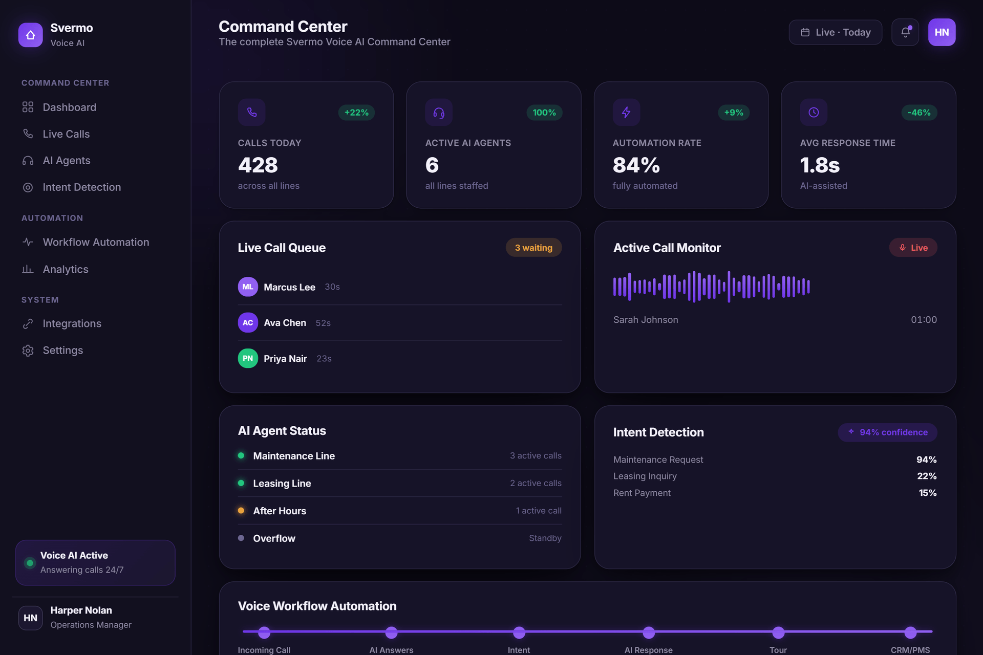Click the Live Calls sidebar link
56,134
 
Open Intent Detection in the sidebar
72,187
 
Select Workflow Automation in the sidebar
86,242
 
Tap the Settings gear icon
28,351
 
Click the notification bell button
905,32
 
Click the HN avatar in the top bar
942,32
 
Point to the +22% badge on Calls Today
356,113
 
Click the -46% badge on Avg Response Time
919,113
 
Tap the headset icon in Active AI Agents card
439,113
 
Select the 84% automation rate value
636,165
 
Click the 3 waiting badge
533,248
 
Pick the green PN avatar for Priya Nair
248,358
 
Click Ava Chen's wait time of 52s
323,323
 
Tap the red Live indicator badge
913,248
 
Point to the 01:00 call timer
924,320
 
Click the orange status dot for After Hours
241,511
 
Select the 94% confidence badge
887,432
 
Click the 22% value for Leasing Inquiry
927,476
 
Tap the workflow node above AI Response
649,632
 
